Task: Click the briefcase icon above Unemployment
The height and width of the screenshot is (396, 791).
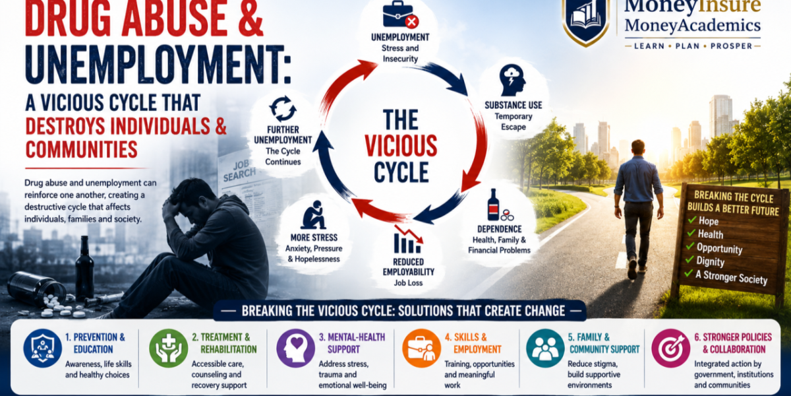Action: pos(401,14)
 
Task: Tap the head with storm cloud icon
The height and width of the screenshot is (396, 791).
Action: pos(512,81)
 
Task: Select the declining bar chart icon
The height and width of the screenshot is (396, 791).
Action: pos(409,240)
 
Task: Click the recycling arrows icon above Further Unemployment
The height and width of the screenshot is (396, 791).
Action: pos(283,109)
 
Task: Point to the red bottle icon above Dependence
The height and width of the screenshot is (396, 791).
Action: pos(493,205)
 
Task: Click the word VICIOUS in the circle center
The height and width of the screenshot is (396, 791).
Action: pos(401,146)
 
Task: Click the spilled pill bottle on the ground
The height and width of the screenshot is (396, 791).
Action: pos(36,288)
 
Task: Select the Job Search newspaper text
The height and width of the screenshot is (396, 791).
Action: pos(239,170)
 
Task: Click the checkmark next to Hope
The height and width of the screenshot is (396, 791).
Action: pos(692,220)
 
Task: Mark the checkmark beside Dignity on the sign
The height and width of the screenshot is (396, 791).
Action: pos(689,260)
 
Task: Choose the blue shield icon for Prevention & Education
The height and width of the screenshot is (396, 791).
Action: pos(43,348)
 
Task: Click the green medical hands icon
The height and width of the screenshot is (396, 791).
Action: pos(169,348)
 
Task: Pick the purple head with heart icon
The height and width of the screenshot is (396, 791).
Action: pos(295,348)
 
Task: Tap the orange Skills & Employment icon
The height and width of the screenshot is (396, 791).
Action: pos(421,348)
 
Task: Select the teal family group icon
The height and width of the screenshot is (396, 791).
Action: pos(545,348)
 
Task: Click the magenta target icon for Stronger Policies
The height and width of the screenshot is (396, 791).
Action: pos(670,348)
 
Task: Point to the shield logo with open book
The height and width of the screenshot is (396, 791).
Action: pos(586,20)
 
